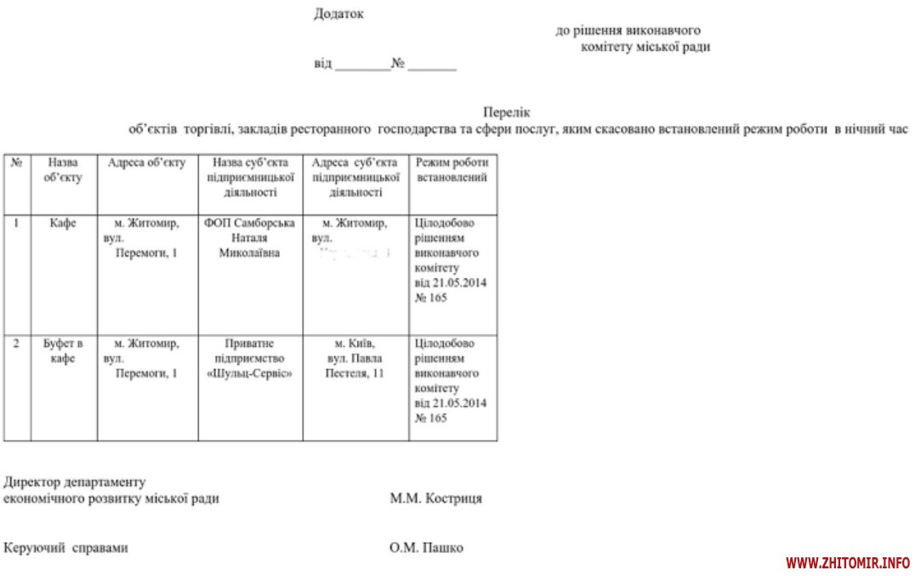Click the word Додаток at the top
[x=338, y=14]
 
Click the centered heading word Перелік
[x=507, y=111]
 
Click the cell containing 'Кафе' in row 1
[x=64, y=223]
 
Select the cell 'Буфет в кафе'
[x=64, y=351]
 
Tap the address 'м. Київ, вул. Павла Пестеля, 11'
[x=355, y=358]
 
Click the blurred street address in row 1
[x=355, y=254]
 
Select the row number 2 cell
[x=16, y=344]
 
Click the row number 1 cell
[x=16, y=223]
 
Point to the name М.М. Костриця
[x=435, y=499]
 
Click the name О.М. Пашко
[x=426, y=548]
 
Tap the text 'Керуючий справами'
[x=65, y=548]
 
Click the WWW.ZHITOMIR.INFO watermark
[x=848, y=563]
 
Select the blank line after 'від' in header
[x=361, y=65]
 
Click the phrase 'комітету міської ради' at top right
[x=645, y=47]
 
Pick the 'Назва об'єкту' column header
[x=64, y=169]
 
